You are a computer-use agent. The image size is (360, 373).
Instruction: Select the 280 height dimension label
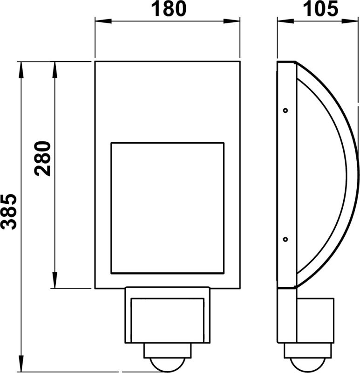click(x=43, y=158)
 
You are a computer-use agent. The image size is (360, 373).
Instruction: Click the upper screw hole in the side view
click(x=285, y=111)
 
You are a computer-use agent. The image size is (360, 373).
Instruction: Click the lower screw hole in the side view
click(x=285, y=239)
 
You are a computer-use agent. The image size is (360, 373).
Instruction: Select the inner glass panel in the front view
click(x=167, y=208)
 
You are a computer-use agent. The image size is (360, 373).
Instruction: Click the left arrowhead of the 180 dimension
click(x=99, y=21)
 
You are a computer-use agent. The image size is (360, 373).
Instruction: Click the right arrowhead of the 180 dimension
click(x=236, y=21)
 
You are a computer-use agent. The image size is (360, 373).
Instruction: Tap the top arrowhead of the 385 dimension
click(x=21, y=67)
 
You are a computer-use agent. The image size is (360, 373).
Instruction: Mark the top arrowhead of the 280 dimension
click(x=55, y=67)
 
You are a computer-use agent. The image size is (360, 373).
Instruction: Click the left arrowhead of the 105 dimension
click(x=282, y=21)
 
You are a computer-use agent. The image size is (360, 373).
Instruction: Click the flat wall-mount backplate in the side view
click(x=286, y=175)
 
